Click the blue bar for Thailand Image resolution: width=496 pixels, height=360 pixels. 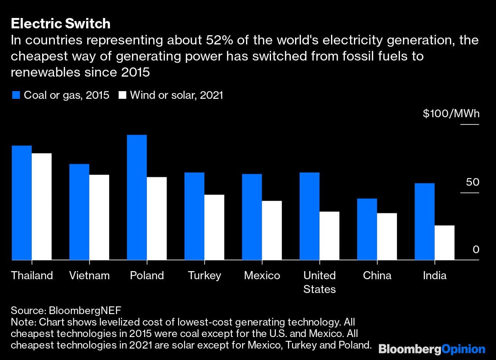pyautogui.click(x=22, y=203)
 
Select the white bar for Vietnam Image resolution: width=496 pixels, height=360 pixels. pyautogui.click(x=99, y=217)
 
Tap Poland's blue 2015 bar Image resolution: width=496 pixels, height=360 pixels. pyautogui.click(x=137, y=197)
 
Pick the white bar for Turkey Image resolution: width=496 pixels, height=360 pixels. pyautogui.click(x=214, y=227)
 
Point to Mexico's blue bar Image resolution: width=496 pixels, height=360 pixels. pyautogui.click(x=252, y=217)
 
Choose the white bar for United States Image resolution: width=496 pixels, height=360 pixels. pyautogui.click(x=330, y=236)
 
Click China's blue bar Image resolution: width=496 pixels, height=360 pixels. pyautogui.click(x=367, y=229)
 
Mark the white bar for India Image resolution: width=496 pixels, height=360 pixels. pyautogui.click(x=445, y=242)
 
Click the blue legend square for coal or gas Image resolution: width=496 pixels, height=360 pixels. pyautogui.click(x=16, y=95)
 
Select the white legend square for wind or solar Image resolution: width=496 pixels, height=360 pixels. pyautogui.click(x=122, y=95)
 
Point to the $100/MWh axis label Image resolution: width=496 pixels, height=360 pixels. pyautogui.click(x=451, y=114)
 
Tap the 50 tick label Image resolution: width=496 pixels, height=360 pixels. pyautogui.click(x=473, y=182)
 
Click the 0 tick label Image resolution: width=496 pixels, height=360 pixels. pyautogui.click(x=476, y=250)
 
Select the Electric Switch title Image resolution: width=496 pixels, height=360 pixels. pyautogui.click(x=60, y=24)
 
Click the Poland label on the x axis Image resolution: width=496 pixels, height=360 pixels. pyautogui.click(x=147, y=275)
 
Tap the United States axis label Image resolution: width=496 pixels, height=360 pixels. pyautogui.click(x=320, y=282)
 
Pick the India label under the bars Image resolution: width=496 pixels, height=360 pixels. pyautogui.click(x=434, y=275)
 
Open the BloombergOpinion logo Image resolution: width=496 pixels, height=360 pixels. pyautogui.click(x=432, y=349)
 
